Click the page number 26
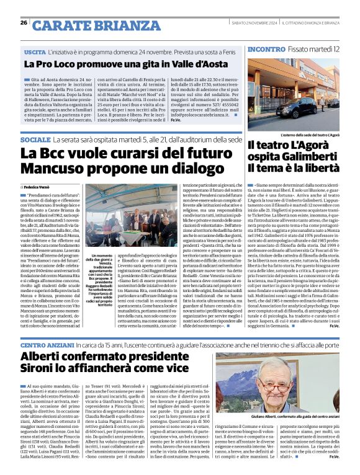tap(24, 23)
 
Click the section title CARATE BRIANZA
tap(89, 25)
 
